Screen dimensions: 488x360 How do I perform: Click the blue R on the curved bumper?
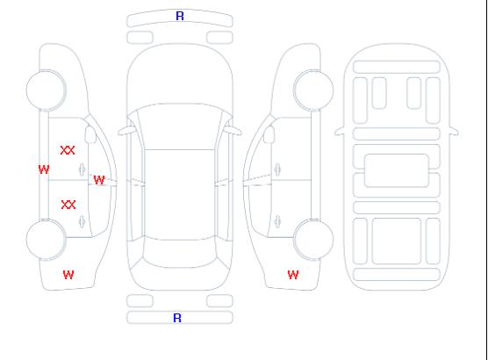tap(180, 16)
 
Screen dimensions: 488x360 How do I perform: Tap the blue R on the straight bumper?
tap(177, 318)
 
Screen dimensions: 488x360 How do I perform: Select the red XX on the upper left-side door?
tap(68, 150)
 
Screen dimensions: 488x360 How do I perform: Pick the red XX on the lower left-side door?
tap(68, 205)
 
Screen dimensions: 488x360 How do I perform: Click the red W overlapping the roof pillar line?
tap(99, 180)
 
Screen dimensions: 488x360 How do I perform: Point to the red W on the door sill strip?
tap(44, 169)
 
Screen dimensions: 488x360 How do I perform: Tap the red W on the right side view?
tap(293, 275)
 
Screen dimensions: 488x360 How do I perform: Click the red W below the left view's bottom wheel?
tap(68, 275)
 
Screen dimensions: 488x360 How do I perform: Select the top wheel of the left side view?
tap(46, 90)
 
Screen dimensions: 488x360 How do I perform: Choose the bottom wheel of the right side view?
tap(313, 239)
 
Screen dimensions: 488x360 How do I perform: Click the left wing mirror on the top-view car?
tap(126, 131)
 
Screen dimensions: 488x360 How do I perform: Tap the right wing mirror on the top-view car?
tap(233, 131)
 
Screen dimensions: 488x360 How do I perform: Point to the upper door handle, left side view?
tap(83, 169)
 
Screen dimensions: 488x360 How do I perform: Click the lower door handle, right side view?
tap(277, 221)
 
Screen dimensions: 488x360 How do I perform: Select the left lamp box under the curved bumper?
tap(140, 38)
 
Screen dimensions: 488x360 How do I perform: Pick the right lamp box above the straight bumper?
tap(219, 301)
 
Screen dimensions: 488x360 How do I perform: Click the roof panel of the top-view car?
tap(180, 195)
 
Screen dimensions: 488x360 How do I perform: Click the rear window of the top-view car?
tap(180, 252)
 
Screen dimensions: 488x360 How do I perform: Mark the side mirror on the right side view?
tap(269, 134)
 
